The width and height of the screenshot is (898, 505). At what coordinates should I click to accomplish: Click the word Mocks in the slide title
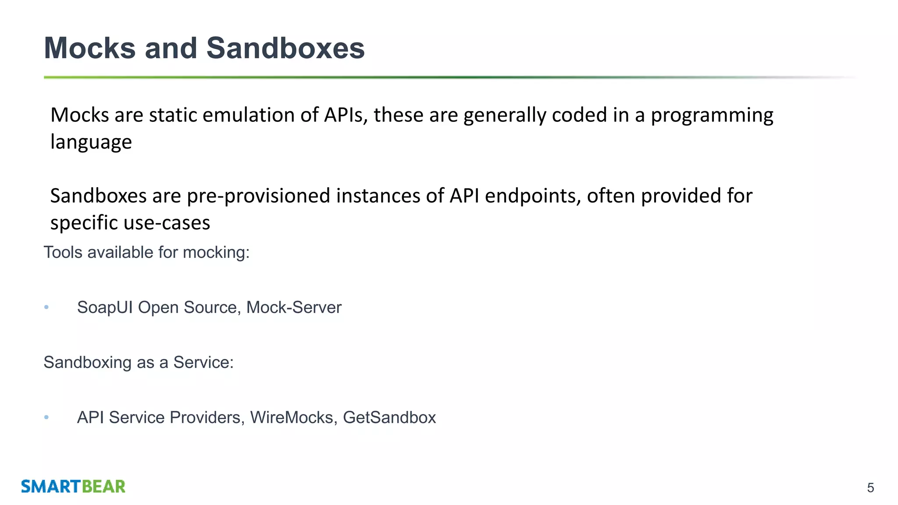(90, 48)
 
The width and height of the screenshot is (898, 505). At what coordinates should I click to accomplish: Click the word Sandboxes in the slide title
(285, 48)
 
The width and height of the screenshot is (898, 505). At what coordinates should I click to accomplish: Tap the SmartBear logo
(73, 487)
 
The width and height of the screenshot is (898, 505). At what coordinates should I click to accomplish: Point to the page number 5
(870, 488)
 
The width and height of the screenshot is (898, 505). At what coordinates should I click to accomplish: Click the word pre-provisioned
(258, 196)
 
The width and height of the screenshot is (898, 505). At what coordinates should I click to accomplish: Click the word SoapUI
(105, 308)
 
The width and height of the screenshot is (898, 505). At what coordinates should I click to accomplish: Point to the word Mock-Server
(294, 308)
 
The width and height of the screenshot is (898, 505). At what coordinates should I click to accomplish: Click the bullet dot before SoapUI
(46, 307)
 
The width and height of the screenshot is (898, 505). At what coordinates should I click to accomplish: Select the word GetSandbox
(389, 418)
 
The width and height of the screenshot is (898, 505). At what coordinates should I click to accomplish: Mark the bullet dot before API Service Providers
(46, 417)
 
